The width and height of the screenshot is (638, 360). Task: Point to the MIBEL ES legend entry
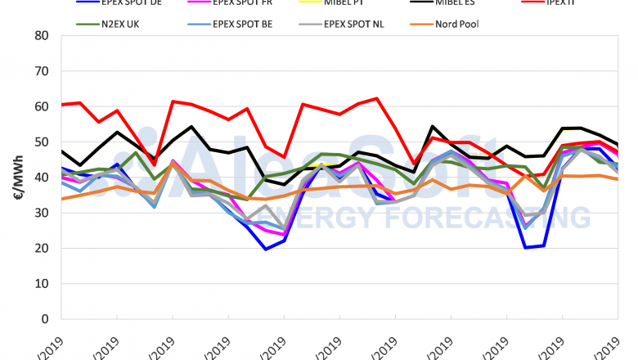click(x=458, y=3)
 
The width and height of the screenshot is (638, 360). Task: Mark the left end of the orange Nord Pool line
click(x=62, y=199)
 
